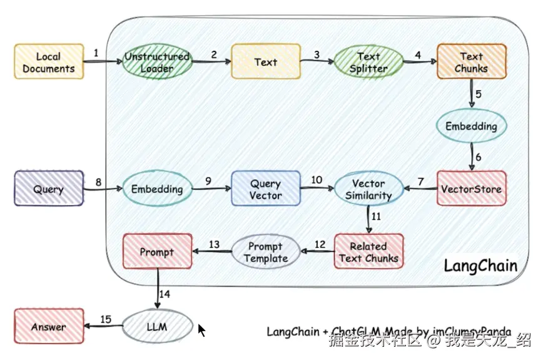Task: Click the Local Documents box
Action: [x=49, y=61]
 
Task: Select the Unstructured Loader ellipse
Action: [x=157, y=61]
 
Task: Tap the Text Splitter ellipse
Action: [x=368, y=62]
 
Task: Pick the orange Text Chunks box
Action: [x=471, y=61]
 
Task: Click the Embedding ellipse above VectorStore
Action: [x=471, y=126]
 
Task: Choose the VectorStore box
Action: [x=471, y=188]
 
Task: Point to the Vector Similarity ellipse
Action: [x=368, y=188]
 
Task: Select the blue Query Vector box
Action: [x=266, y=188]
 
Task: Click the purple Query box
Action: [x=49, y=188]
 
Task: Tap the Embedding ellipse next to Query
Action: [x=157, y=188]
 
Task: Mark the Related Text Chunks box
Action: [x=368, y=252]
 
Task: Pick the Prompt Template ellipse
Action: [x=266, y=252]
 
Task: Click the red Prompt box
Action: [x=157, y=252]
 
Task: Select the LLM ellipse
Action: [x=157, y=327]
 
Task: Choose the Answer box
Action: [x=49, y=327]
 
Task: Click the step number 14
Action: [x=165, y=293]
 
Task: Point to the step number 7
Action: [x=420, y=181]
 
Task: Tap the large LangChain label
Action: [x=480, y=265]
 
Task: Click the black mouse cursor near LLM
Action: [x=201, y=329]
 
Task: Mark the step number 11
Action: [x=376, y=216]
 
